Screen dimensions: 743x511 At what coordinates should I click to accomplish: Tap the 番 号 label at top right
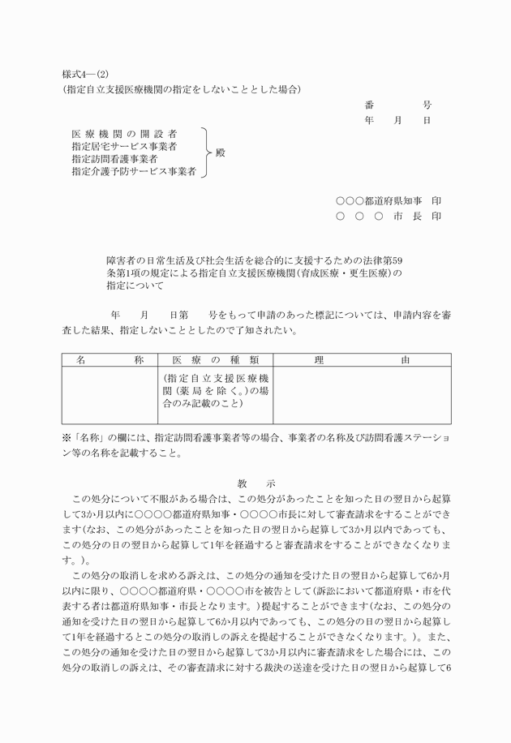click(398, 105)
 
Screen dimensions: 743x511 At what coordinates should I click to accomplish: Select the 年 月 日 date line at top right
click(397, 120)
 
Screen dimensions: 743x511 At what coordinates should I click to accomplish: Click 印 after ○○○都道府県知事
click(436, 200)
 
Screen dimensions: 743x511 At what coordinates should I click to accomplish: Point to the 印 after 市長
click(436, 217)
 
